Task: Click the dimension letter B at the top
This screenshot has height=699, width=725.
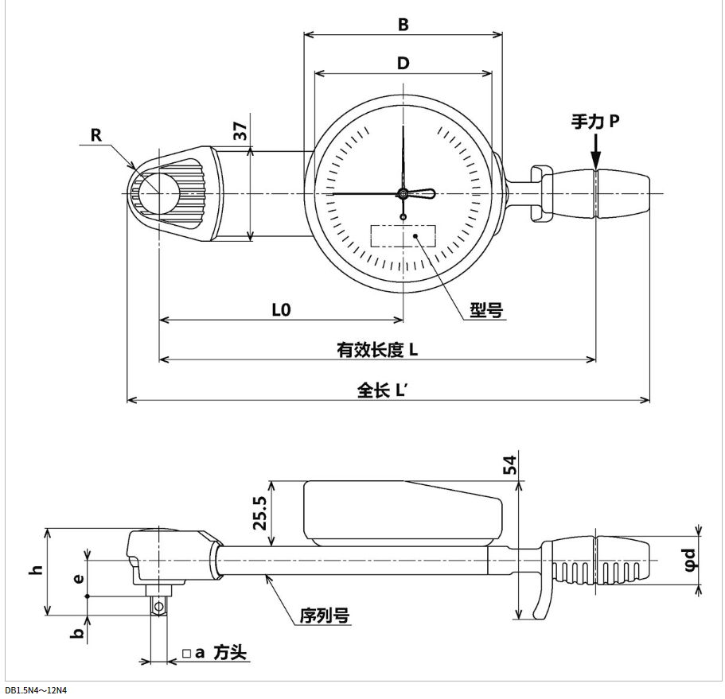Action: point(403,25)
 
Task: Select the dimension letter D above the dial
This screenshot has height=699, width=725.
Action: point(403,64)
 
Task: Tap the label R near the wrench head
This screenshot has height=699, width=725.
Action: point(96,135)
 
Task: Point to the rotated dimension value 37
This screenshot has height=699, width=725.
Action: point(240,131)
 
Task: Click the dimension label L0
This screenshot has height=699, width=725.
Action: point(281,311)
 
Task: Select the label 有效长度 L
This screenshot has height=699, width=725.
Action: point(378,350)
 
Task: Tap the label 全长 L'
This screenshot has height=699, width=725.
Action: point(388,390)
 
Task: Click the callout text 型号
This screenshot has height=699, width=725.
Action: point(485,311)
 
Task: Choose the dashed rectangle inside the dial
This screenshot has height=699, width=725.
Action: point(403,236)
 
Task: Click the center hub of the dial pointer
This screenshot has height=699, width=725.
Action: point(403,193)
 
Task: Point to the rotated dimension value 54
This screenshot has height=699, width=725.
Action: point(510,466)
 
